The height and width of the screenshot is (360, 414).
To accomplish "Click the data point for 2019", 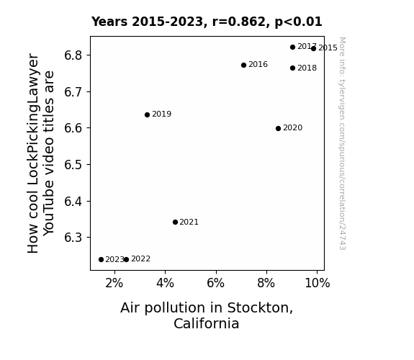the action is click(x=147, y=114).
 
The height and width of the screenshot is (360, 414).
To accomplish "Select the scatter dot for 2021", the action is click(x=175, y=222).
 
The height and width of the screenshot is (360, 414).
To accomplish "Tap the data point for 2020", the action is click(x=278, y=128).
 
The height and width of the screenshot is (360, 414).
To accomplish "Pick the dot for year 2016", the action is click(x=243, y=65).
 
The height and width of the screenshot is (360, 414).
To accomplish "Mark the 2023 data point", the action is click(x=101, y=260).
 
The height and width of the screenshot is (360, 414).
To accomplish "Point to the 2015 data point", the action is click(x=313, y=48).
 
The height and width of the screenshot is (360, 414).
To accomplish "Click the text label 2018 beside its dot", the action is click(x=307, y=68).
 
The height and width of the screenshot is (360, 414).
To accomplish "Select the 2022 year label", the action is click(x=140, y=259).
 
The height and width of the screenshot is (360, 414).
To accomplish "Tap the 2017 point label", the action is click(x=307, y=47).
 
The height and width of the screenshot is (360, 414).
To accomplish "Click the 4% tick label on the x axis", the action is click(x=165, y=284).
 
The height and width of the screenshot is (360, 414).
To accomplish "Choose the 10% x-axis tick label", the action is click(x=318, y=284).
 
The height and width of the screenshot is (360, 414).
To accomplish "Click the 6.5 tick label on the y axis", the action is click(x=73, y=165).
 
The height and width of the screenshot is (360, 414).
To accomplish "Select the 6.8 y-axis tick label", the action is click(x=73, y=55).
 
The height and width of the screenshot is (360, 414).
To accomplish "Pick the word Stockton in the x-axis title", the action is click(x=260, y=308).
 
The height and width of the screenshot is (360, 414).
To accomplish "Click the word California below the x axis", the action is click(x=207, y=323).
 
